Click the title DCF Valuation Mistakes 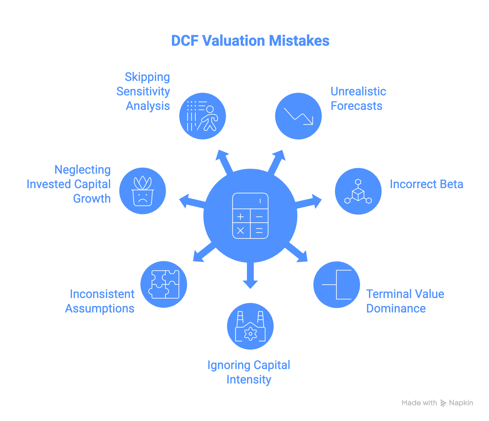[250, 41]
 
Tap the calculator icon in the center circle [250, 216]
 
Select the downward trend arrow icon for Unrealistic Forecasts [298, 116]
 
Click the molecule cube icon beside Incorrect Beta [358, 191]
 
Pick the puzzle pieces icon [164, 284]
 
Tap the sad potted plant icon [142, 191]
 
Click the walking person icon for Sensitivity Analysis [203, 116]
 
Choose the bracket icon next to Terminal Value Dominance [337, 285]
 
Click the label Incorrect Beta [426, 184]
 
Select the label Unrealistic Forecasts [358, 99]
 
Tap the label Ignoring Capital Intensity [249, 372]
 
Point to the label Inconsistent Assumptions [100, 301]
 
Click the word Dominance [396, 309]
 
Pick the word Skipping [147, 77]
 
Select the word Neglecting [82, 170]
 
